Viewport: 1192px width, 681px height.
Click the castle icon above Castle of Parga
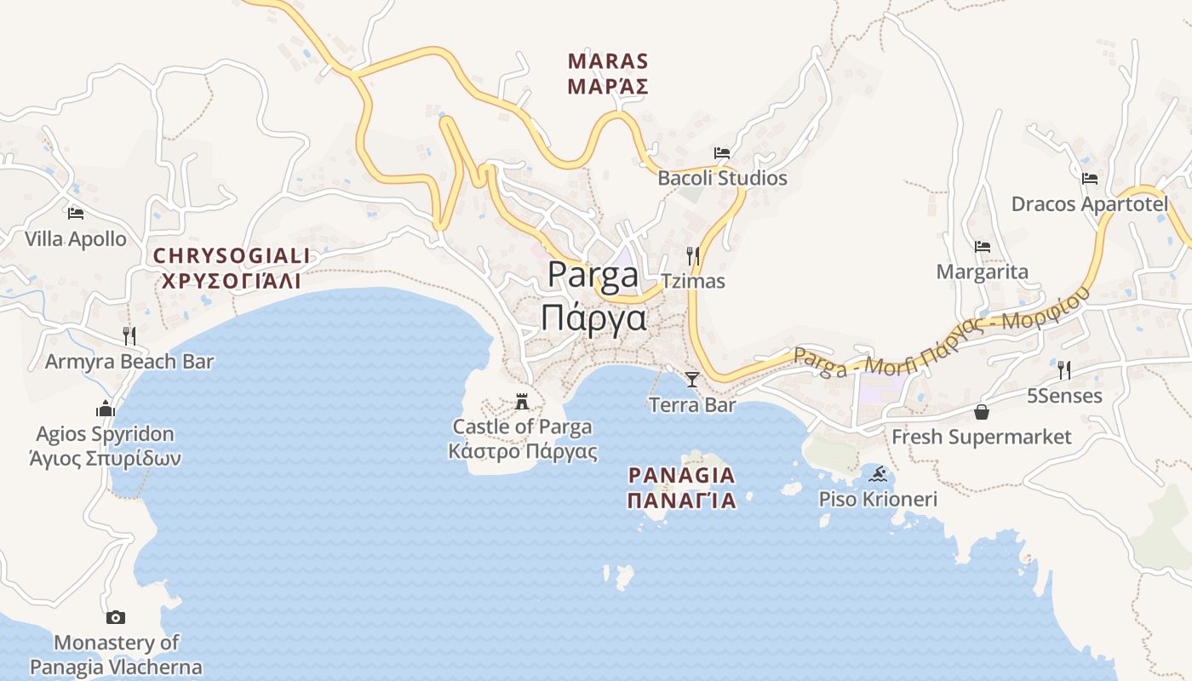(x=522, y=402)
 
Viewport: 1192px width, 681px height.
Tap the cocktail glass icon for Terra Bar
(x=692, y=380)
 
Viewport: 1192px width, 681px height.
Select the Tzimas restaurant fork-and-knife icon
(x=693, y=255)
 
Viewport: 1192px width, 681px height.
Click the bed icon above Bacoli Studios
(x=722, y=153)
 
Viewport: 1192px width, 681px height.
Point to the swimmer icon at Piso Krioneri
(x=878, y=474)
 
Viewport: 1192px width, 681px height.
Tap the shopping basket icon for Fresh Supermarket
(x=982, y=412)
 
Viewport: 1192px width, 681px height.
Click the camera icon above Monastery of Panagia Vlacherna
(x=116, y=617)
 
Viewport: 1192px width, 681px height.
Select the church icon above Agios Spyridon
(x=106, y=409)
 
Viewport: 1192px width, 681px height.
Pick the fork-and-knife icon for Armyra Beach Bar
(x=129, y=336)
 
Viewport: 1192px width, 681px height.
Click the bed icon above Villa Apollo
(x=76, y=213)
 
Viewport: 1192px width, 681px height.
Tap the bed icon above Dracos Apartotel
(x=1089, y=179)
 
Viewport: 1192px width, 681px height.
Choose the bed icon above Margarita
(x=983, y=247)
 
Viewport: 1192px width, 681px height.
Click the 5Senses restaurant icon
(x=1064, y=370)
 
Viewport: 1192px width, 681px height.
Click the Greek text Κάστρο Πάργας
(x=523, y=451)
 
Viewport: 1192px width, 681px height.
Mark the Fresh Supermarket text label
(x=981, y=438)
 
